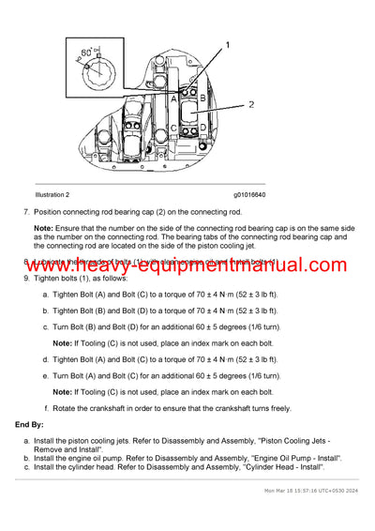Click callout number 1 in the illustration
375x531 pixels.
click(226, 45)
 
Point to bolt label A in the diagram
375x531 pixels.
click(174, 98)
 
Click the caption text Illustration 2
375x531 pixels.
click(52, 195)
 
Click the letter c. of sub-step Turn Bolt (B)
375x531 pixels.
click(46, 326)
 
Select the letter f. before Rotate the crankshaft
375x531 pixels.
click(47, 408)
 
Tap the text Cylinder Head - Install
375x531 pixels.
click(272, 466)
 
